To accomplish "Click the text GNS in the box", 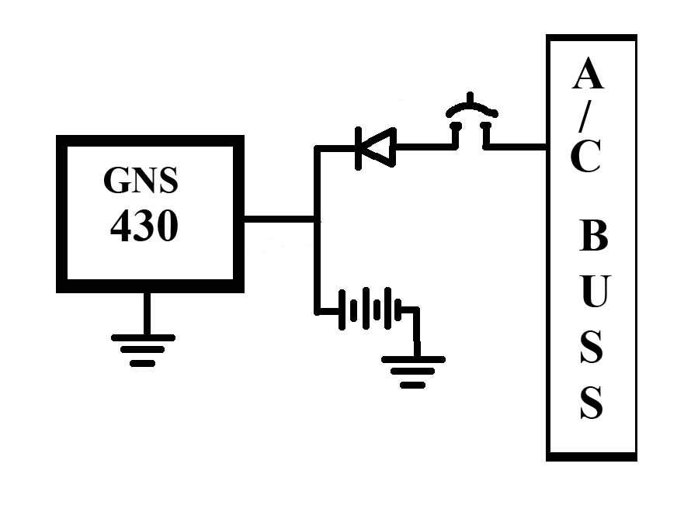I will (x=141, y=180).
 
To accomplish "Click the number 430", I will (x=144, y=226).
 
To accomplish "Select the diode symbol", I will (x=374, y=147).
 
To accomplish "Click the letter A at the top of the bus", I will (x=589, y=75).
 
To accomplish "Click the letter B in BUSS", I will (x=593, y=237).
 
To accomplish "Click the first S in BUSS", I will (x=592, y=348).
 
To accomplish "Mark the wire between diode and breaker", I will (x=424, y=146).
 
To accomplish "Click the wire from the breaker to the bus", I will (x=516, y=146).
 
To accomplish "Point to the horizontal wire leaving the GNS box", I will (x=280, y=220).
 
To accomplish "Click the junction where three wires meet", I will (x=317, y=220).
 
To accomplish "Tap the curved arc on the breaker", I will (x=470, y=105).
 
